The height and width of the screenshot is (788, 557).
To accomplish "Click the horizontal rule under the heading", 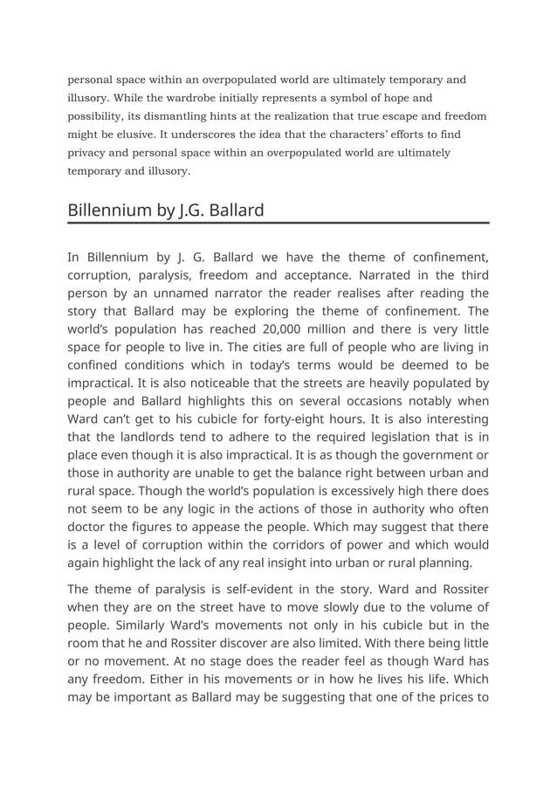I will point(278,224).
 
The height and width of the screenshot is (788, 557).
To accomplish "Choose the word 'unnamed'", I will point(175,293).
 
